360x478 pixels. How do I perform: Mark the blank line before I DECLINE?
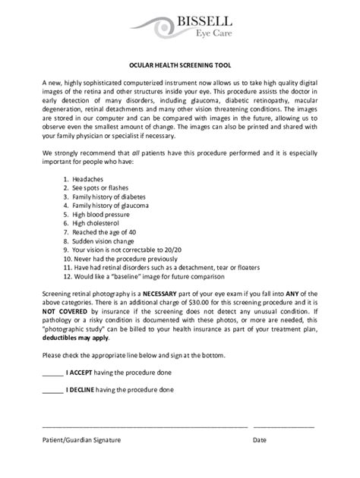point(52,391)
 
